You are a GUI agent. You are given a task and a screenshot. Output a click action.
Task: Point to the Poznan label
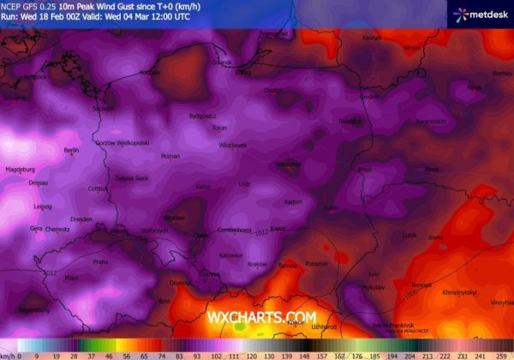[x=170, y=157]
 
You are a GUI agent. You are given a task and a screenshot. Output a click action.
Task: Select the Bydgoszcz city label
[x=203, y=115]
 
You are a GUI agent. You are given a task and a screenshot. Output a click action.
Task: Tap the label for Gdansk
[x=222, y=63]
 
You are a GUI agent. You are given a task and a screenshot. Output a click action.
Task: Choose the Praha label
[x=101, y=261]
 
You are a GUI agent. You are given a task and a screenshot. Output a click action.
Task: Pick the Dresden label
[x=82, y=219]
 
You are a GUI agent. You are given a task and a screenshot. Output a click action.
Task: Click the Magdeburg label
[x=19, y=170]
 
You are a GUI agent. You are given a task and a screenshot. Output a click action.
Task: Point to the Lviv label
[x=374, y=273]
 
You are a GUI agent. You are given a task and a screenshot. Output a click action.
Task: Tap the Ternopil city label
[x=421, y=285]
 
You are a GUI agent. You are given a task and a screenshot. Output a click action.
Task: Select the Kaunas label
[x=371, y=39]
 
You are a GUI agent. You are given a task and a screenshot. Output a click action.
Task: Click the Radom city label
[x=293, y=202]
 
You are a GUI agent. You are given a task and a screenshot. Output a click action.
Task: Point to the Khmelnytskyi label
[x=459, y=292]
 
